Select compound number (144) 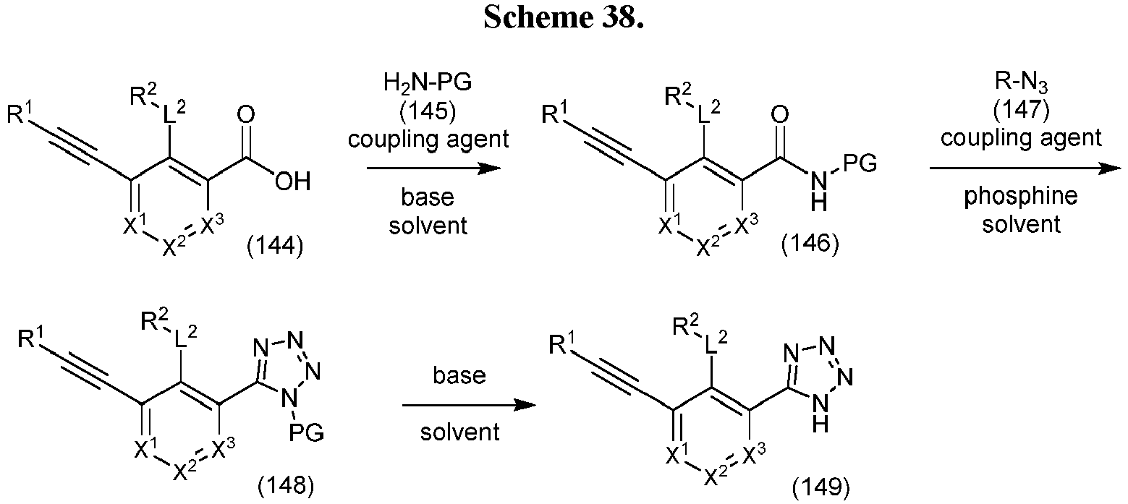[276, 246]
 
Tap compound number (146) [810, 244]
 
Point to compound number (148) [286, 485]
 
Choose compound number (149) [821, 487]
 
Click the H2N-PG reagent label [428, 82]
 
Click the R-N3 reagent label [1021, 82]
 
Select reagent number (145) [428, 110]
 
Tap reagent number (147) [1021, 109]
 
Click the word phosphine [1021, 197]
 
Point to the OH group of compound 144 [292, 181]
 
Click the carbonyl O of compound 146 [779, 115]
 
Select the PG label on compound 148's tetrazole [306, 432]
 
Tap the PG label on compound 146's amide [860, 163]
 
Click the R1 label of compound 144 [20, 113]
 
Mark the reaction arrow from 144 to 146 [433, 168]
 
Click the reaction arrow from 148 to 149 [469, 405]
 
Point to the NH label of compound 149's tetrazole [820, 414]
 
